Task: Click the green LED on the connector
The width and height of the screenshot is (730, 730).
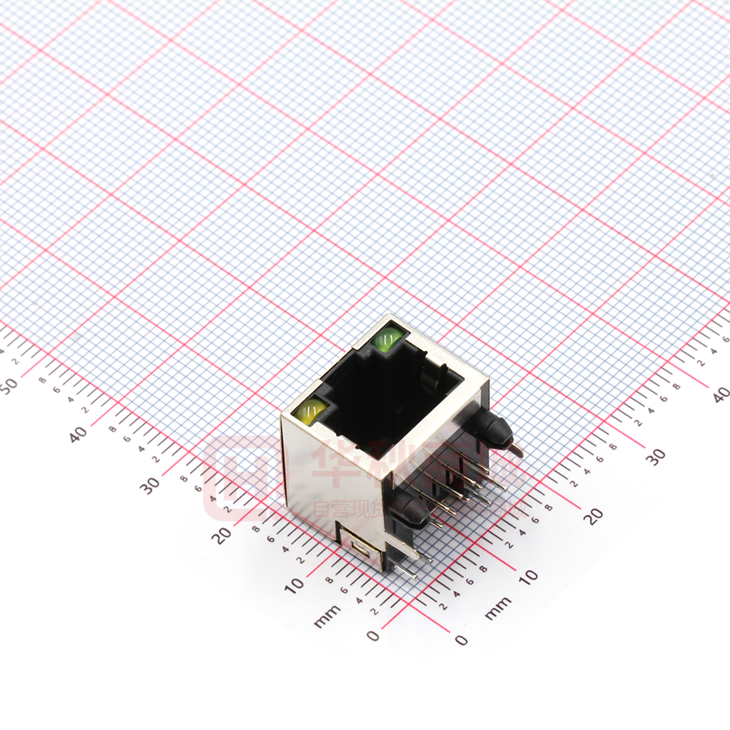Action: (x=389, y=338)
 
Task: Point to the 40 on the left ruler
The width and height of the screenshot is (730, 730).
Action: (x=79, y=434)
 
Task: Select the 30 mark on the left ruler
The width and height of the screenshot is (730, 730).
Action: (x=150, y=485)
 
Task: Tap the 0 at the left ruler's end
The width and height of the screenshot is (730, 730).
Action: (x=372, y=635)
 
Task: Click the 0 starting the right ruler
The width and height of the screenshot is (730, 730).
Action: (x=462, y=640)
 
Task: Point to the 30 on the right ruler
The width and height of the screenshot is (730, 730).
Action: (x=656, y=456)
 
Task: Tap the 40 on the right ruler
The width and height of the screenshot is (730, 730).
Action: (x=719, y=395)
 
